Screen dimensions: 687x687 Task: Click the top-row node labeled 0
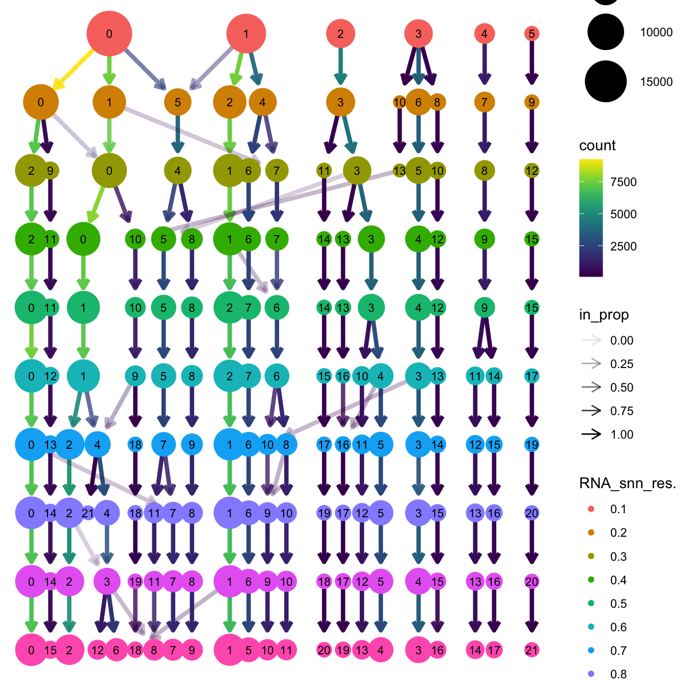[109, 34]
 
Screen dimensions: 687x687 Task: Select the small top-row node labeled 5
[532, 34]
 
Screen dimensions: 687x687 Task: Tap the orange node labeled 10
[400, 102]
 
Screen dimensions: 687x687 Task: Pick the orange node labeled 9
[532, 102]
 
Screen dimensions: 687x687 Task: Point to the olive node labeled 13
[400, 171]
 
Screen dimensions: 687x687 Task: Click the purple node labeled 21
[88, 513]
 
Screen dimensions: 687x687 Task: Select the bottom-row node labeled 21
[532, 650]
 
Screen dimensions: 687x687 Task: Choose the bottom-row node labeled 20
[324, 650]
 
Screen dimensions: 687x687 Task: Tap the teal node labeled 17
[532, 376]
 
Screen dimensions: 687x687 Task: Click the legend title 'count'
[597, 146]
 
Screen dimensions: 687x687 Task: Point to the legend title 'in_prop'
[604, 315]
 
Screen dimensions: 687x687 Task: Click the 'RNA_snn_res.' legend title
[627, 484]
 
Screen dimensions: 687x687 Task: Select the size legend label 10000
[656, 32]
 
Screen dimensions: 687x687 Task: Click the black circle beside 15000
[606, 82]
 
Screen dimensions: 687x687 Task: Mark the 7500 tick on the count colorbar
[623, 182]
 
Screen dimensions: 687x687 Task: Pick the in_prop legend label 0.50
[622, 387]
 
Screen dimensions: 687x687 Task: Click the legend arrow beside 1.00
[591, 434]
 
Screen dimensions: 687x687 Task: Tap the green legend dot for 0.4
[591, 580]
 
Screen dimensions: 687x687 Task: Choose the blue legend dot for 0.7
[591, 651]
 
